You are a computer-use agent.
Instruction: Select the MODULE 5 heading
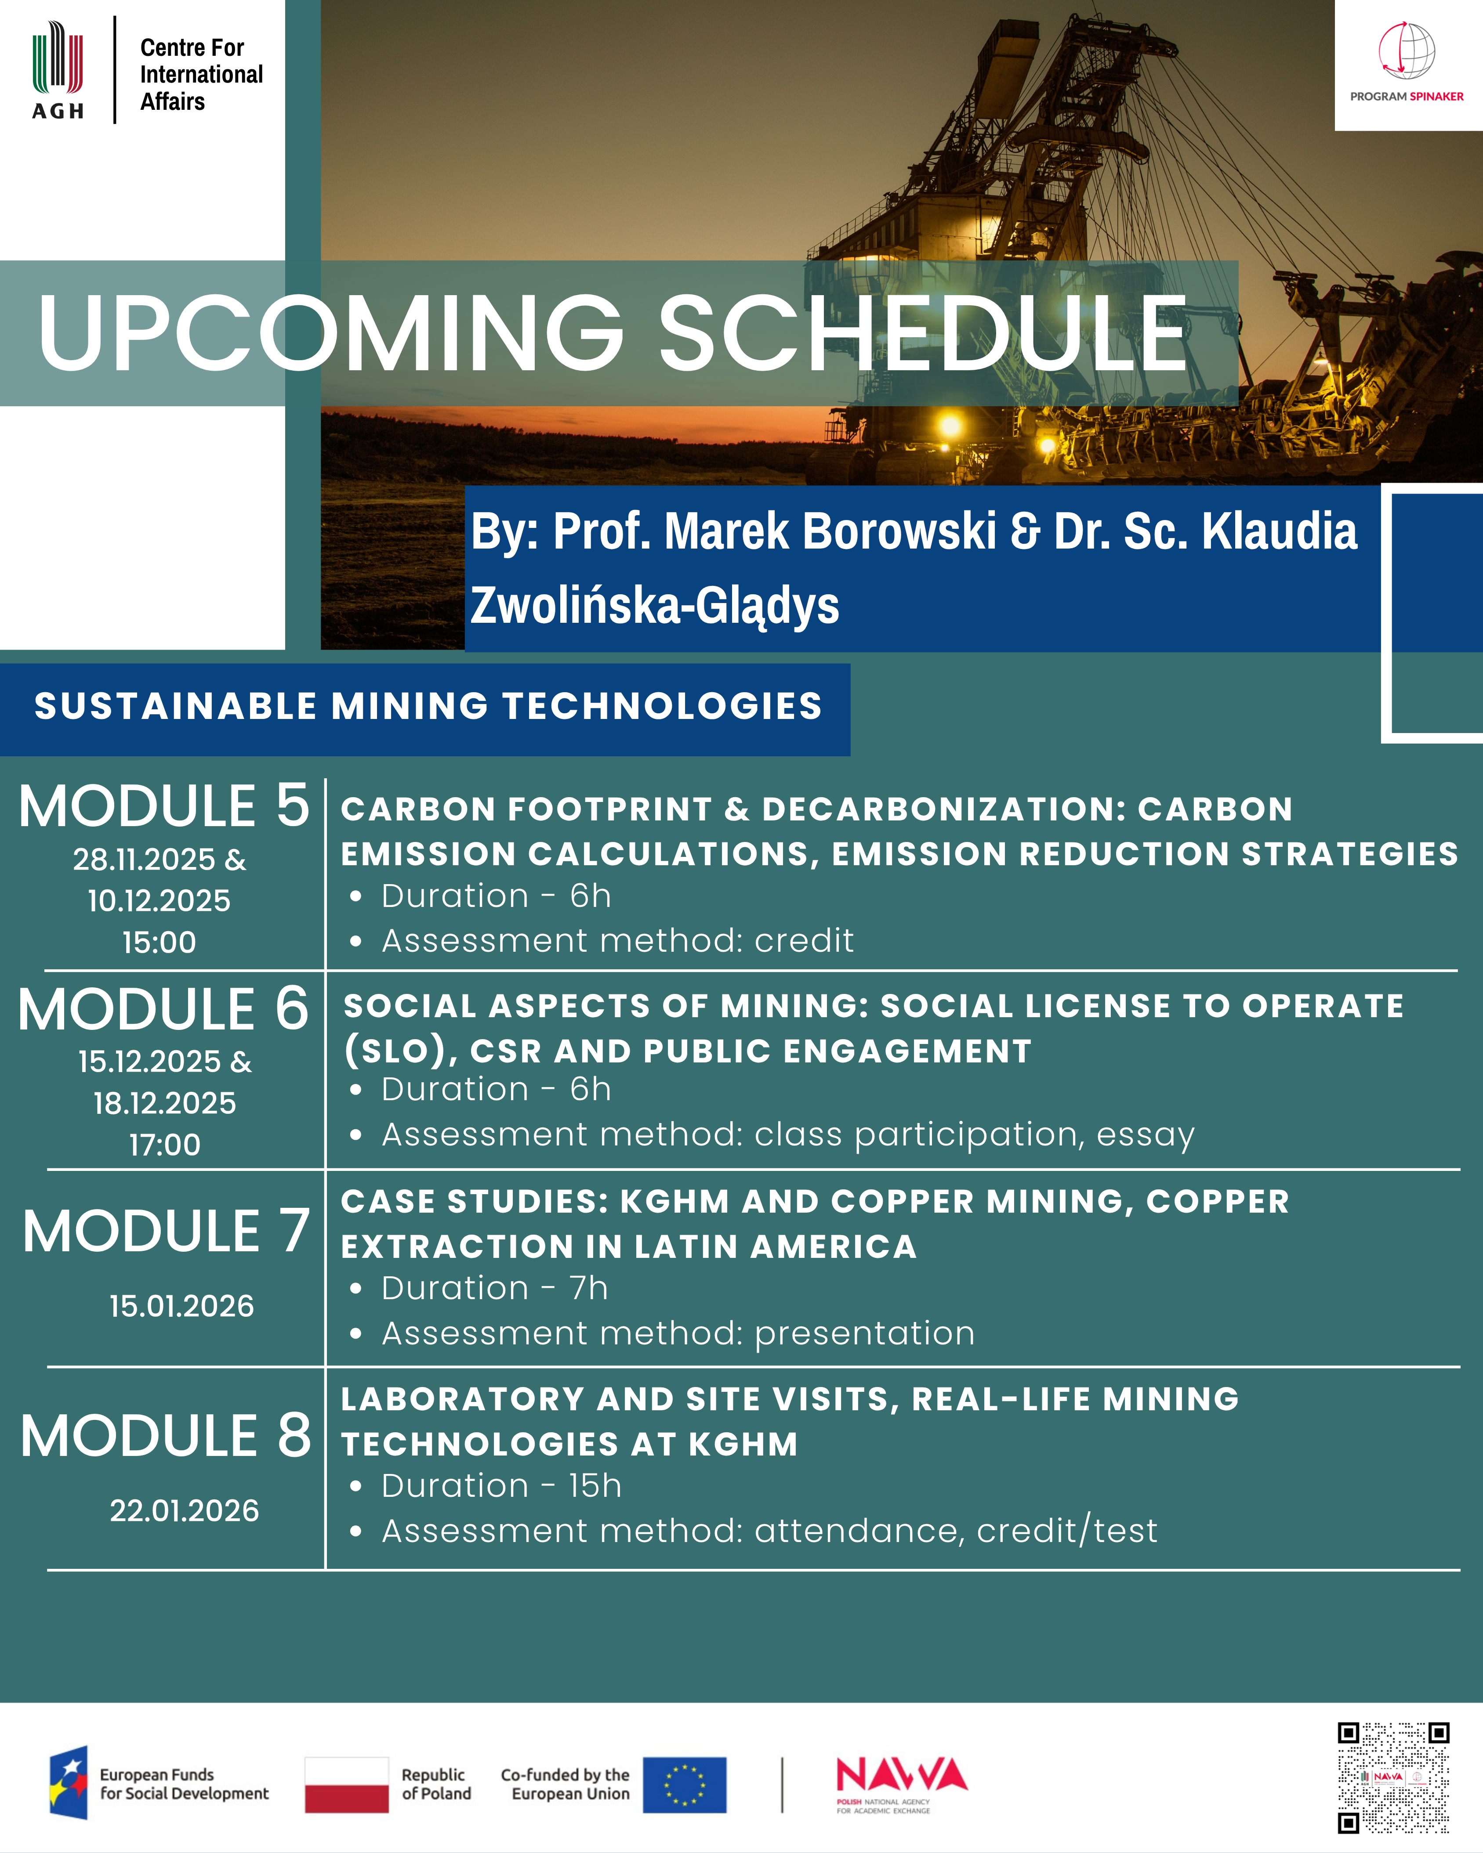[x=163, y=806]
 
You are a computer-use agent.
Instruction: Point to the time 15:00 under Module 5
[x=159, y=942]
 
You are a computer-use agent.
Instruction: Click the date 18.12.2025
[x=164, y=1103]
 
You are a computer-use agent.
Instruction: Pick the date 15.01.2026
[x=181, y=1305]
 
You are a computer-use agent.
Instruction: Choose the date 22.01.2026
[x=184, y=1510]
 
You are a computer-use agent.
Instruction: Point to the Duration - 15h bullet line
[x=486, y=1485]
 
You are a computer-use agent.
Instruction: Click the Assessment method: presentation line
[x=662, y=1333]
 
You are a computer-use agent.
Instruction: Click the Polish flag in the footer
[x=346, y=1785]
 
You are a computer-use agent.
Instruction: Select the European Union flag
[x=684, y=1785]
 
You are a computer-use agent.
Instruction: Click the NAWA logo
[x=902, y=1784]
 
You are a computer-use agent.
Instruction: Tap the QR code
[x=1394, y=1777]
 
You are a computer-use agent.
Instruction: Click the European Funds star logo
[x=69, y=1783]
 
